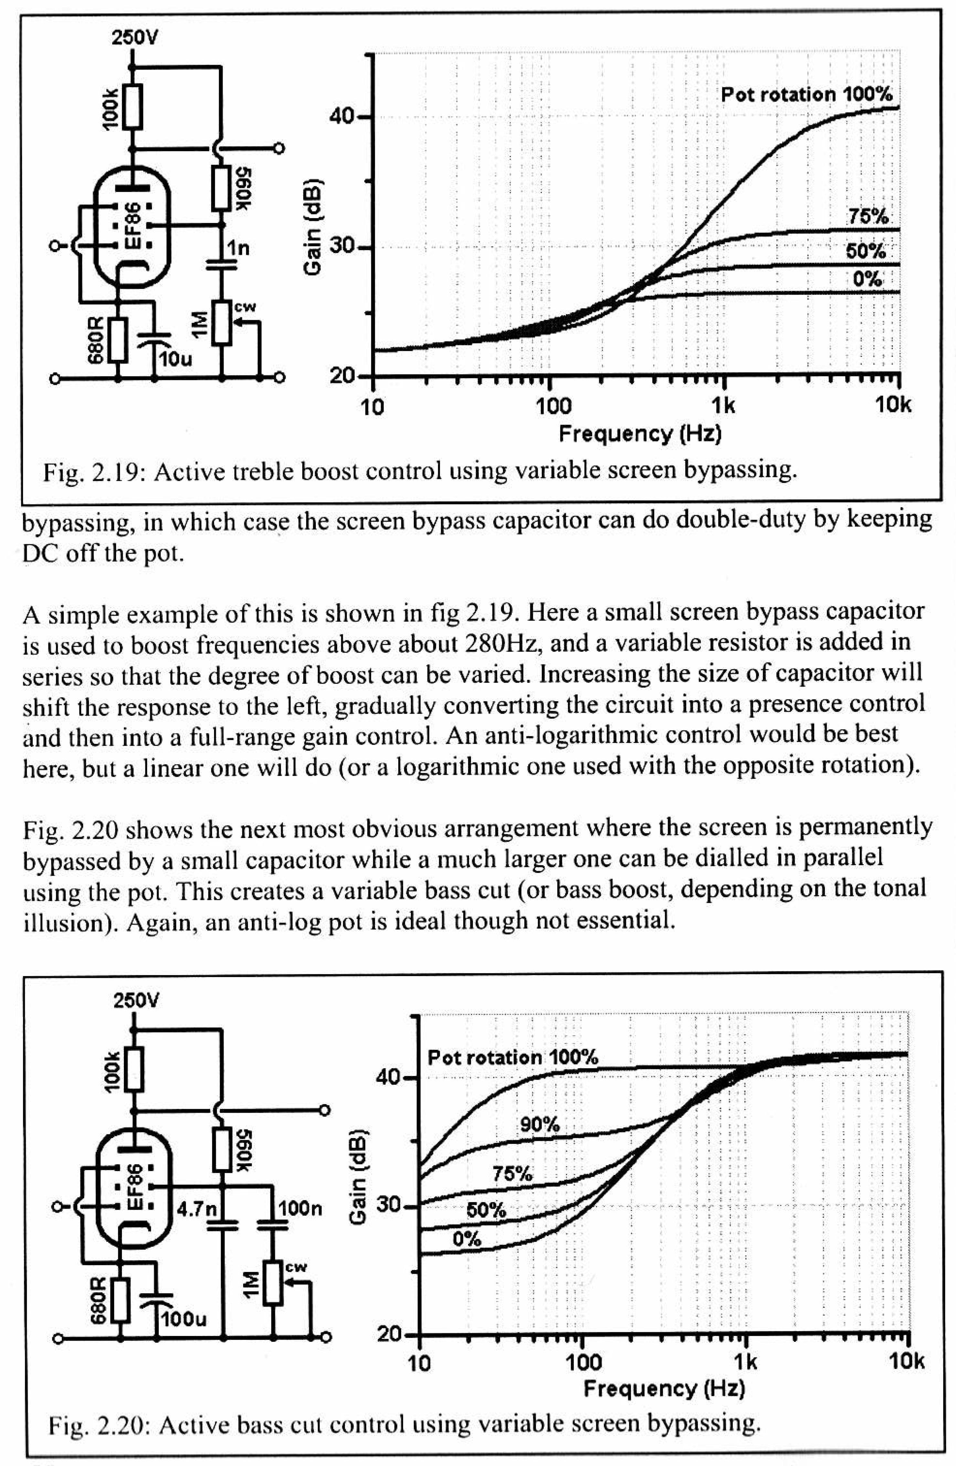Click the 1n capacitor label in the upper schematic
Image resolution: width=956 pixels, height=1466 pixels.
pyautogui.click(x=238, y=248)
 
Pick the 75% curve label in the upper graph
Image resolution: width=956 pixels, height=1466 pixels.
pyautogui.click(x=868, y=216)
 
